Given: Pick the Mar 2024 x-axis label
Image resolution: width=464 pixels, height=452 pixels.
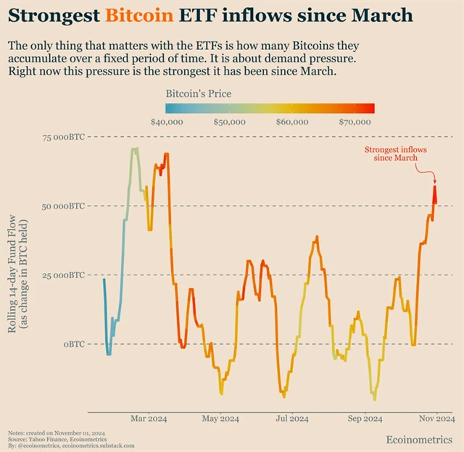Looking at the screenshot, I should pos(149,419).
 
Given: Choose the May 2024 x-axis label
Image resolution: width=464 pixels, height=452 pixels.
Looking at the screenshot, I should pos(220,419).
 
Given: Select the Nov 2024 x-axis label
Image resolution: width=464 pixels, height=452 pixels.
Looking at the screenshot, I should pos(435,419).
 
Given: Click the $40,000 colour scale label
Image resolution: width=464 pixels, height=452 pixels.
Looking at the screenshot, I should pos(167,122).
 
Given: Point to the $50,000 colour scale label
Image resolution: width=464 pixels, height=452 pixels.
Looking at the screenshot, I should pos(230,122).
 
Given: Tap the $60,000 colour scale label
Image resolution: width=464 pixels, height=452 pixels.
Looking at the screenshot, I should pos(292,122).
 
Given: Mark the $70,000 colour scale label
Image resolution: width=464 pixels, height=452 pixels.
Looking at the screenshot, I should pos(355,122).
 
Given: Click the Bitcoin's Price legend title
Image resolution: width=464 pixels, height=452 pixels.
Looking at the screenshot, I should pos(199,93).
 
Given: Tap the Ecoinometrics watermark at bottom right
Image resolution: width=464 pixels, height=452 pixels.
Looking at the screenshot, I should pos(419,440).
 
